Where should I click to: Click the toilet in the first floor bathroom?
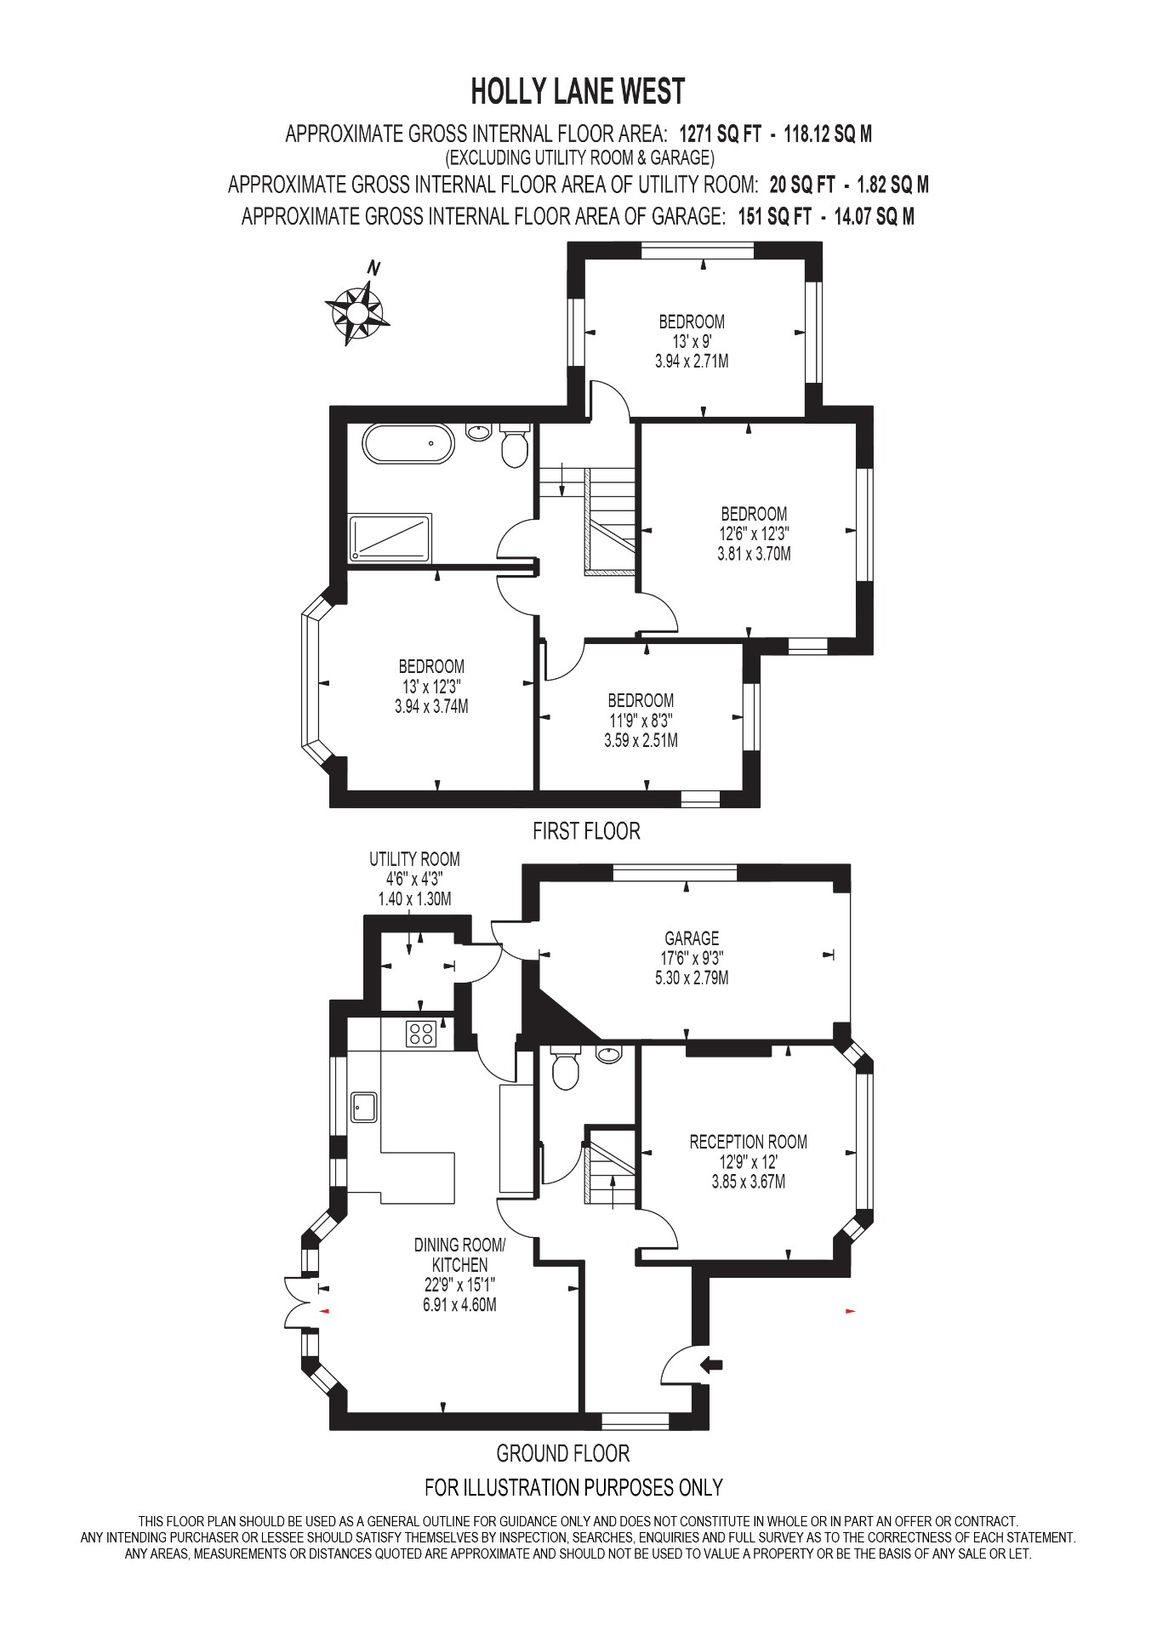(x=515, y=447)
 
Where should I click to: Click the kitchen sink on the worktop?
(x=365, y=1107)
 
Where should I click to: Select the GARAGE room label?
(x=692, y=938)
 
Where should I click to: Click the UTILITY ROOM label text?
(x=414, y=859)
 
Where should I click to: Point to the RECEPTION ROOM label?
(x=748, y=1142)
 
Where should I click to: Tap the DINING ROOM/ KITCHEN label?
(x=459, y=1255)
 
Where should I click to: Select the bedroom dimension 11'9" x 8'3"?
(x=641, y=721)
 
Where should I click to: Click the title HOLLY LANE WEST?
(x=578, y=90)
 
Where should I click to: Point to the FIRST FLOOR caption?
(x=586, y=830)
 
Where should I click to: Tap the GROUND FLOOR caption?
(x=562, y=1453)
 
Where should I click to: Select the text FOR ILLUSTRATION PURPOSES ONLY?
(x=573, y=1487)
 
